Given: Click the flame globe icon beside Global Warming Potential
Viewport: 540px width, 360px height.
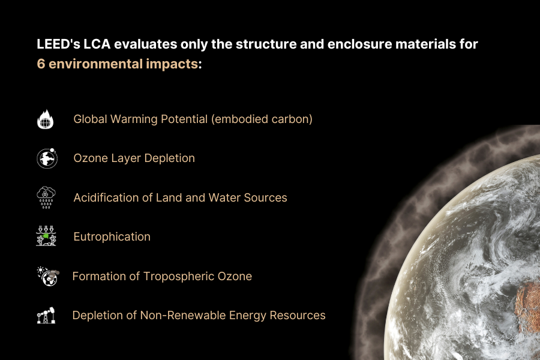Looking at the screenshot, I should click(x=46, y=119).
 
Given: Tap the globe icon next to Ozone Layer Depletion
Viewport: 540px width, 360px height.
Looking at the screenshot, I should click(x=47, y=158).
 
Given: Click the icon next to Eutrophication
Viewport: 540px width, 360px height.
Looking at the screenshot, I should click(x=46, y=236).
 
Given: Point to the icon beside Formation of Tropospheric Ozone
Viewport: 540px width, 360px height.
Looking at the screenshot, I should click(x=47, y=276).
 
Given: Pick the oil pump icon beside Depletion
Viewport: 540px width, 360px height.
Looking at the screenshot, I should click(x=46, y=315).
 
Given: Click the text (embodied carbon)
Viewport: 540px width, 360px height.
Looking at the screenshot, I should click(x=262, y=119).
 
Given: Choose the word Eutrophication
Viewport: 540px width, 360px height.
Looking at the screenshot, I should click(x=112, y=236).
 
